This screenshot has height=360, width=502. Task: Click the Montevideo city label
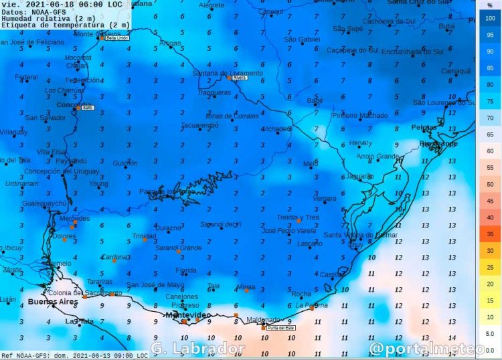click(188, 314)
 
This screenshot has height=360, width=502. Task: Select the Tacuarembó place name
click(200, 125)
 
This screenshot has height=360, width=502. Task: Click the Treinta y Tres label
click(298, 217)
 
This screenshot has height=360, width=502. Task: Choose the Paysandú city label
click(71, 161)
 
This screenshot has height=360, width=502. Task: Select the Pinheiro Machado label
click(359, 115)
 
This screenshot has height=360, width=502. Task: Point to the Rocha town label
click(302, 294)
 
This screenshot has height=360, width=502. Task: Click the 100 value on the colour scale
click(490, 19)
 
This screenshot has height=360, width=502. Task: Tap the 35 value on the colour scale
click(490, 234)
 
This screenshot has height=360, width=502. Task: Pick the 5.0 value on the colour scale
click(490, 333)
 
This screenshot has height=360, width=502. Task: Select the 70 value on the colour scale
click(490, 118)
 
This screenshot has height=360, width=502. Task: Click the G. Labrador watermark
click(198, 348)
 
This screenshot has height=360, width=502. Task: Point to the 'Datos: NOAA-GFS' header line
click(33, 11)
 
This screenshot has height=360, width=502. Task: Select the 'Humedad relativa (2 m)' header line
click(48, 19)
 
